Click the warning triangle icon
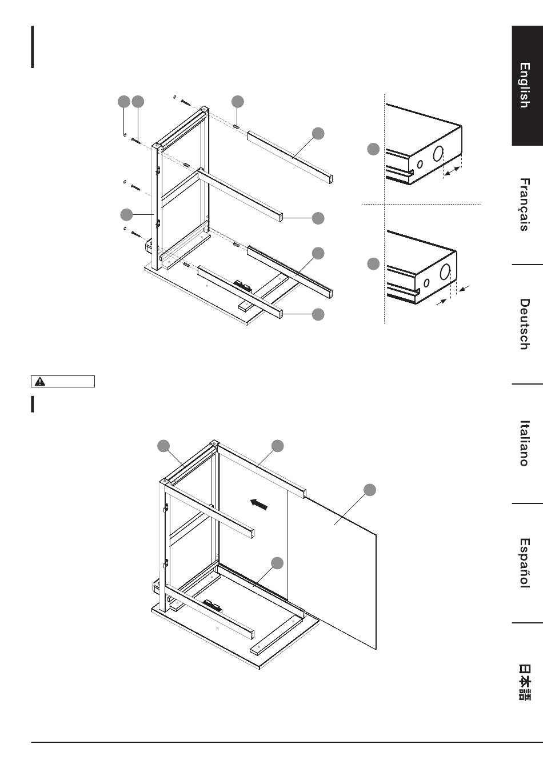[40, 382]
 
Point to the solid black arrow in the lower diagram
[259, 504]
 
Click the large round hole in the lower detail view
[445, 273]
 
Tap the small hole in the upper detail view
[420, 165]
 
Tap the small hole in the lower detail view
[426, 282]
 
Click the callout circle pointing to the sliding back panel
[370, 489]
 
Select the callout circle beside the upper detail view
[373, 150]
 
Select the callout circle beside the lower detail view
[373, 264]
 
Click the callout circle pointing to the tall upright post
[126, 215]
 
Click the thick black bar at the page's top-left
[33, 46]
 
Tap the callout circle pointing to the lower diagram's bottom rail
[277, 563]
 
